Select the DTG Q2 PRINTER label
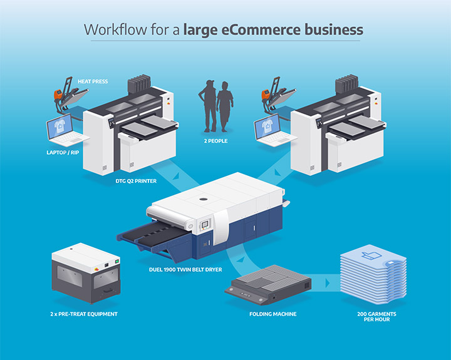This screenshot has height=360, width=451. point(135,181)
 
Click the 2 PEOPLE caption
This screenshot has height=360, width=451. point(215,141)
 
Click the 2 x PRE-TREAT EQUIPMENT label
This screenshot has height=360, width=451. point(85,313)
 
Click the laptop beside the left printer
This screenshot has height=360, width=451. point(63,130)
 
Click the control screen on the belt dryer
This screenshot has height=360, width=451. point(205,223)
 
